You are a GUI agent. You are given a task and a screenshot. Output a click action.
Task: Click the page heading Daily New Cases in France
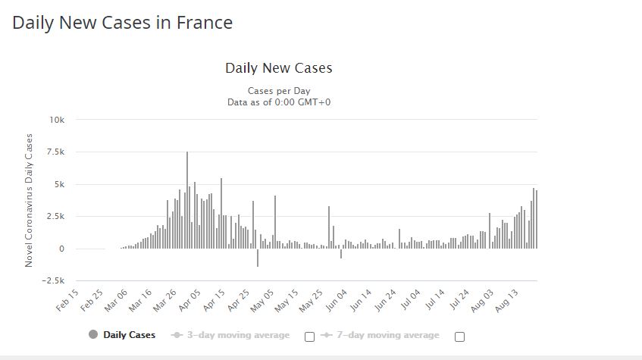(122, 23)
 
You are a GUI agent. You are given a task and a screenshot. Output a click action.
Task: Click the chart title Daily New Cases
(278, 68)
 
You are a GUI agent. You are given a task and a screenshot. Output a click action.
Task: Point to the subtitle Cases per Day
(278, 91)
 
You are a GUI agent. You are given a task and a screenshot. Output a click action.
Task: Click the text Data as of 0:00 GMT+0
(278, 101)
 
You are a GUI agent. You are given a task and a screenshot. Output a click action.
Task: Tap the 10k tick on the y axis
(58, 120)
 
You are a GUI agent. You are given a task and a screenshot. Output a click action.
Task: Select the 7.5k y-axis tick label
(55, 152)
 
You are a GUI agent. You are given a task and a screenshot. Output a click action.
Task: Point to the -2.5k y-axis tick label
(53, 280)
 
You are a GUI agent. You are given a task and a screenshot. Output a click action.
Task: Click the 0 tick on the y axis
(63, 249)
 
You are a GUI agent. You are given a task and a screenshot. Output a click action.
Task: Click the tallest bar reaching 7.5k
(187, 200)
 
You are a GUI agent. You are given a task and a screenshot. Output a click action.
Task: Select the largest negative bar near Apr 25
(258, 258)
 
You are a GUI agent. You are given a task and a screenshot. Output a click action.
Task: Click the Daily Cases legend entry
(129, 335)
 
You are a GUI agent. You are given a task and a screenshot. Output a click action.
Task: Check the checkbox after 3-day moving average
(309, 337)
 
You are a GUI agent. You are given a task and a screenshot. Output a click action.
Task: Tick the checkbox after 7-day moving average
(459, 337)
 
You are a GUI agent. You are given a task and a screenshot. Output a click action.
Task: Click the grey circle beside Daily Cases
(93, 335)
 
